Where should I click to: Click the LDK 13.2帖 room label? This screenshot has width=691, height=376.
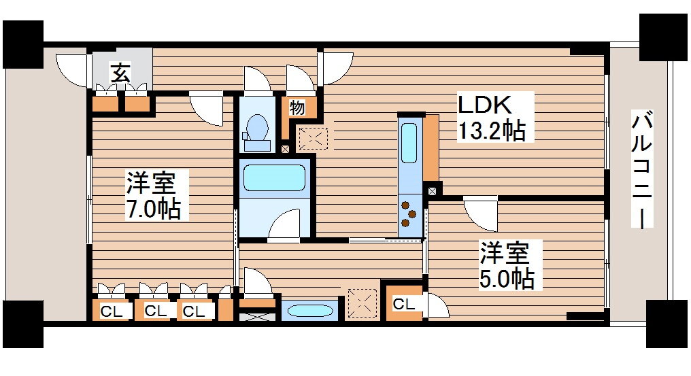tap(491, 118)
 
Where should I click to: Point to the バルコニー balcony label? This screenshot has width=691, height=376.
tap(643, 169)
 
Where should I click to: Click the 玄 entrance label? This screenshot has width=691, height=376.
tap(121, 71)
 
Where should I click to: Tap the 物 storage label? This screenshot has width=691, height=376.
tap(297, 107)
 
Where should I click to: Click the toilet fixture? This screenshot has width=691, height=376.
tap(257, 129)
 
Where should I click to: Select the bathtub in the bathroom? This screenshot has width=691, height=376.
tap(275, 177)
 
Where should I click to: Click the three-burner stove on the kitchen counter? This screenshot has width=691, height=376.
tap(409, 213)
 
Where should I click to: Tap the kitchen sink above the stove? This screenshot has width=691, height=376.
tap(409, 143)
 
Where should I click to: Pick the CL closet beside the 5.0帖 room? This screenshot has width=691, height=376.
tap(403, 304)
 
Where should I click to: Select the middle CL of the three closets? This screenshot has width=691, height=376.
tap(155, 311)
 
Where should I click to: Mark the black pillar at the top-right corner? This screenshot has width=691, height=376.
tap(664, 37)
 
